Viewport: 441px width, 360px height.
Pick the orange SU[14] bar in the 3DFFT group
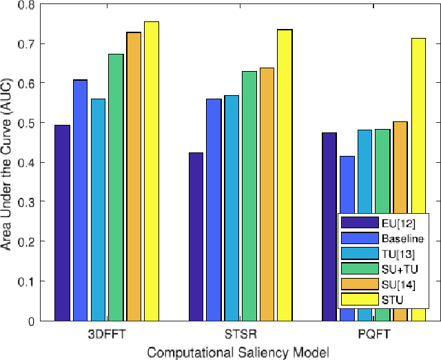tap(134, 177)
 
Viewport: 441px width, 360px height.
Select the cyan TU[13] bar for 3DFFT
tap(98, 210)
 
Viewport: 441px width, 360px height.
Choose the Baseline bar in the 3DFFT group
tap(81, 200)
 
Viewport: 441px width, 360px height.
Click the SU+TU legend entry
tap(398, 268)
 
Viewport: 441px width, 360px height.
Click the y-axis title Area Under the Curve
tap(8, 162)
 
